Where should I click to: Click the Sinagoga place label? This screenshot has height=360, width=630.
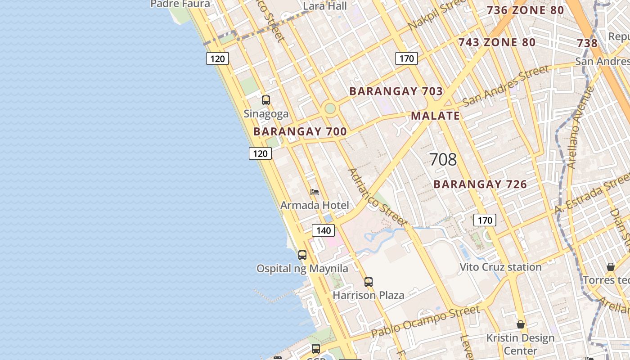[266, 113]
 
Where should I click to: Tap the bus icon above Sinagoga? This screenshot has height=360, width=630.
[266, 100]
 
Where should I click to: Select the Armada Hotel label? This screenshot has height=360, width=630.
[315, 205]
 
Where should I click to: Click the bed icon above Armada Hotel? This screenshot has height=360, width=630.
[315, 192]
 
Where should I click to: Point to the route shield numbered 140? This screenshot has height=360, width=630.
[323, 231]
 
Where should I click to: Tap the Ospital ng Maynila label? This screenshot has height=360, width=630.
[302, 269]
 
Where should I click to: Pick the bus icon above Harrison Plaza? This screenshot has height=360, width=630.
[369, 282]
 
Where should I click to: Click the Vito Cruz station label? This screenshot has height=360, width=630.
[500, 267]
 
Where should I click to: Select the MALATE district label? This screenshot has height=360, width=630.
[435, 116]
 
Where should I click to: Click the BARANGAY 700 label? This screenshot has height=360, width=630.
[300, 131]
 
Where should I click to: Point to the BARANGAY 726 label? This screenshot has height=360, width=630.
[480, 184]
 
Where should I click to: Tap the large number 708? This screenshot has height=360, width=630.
[443, 159]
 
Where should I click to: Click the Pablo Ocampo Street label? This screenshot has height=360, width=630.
[425, 321]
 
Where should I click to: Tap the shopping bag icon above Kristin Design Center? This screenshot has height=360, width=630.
[521, 324]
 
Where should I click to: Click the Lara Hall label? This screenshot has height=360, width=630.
[325, 6]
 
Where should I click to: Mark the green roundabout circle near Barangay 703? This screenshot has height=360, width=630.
[330, 108]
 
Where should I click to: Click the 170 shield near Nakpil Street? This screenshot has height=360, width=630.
[406, 58]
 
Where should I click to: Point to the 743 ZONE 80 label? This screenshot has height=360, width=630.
[497, 42]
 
